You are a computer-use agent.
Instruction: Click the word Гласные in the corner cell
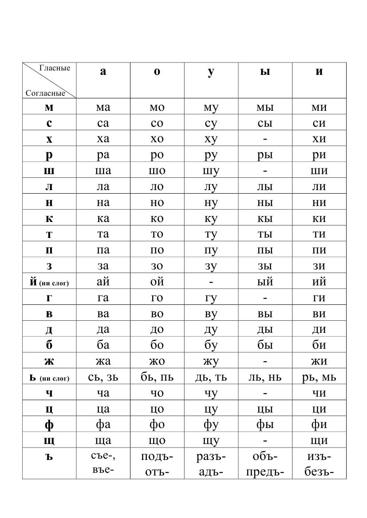coord(55,68)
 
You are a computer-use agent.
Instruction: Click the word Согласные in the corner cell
coord(45,93)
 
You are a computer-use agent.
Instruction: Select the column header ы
coord(265,72)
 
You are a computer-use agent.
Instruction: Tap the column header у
coord(211,72)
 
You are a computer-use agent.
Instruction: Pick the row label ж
coord(49,361)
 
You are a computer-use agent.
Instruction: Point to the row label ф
coord(49,425)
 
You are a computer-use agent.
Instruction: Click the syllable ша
coord(103,171)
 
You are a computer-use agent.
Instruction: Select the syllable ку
coord(211,218)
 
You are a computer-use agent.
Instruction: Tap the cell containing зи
coord(319,266)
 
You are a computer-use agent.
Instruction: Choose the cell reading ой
coord(157,281)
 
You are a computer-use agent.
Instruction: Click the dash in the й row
coord(211,282)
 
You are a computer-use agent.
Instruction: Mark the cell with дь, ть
coord(211,377)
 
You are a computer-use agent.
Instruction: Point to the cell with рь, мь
coord(319,377)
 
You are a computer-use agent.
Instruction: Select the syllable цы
coord(265,409)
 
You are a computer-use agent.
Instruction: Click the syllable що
coord(157,440)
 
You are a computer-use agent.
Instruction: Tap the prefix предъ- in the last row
coord(265,472)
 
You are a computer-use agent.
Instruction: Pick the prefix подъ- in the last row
coord(157,456)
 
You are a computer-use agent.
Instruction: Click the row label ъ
coord(49,456)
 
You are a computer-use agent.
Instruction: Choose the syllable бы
coord(265,345)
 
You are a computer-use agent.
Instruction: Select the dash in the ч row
coord(265,393)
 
